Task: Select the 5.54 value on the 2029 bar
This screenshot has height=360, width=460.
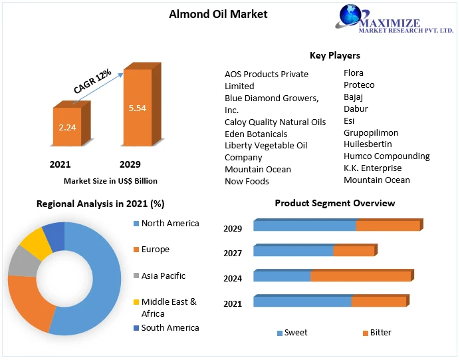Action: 137,108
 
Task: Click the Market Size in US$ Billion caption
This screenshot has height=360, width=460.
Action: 110,180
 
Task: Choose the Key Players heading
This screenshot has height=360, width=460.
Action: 334,55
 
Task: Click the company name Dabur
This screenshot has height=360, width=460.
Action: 356,108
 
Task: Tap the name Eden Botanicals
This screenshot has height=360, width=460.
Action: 256,134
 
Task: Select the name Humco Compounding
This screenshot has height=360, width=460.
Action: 386,156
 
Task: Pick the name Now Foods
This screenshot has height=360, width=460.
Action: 247,181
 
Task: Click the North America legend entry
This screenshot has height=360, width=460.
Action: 170,224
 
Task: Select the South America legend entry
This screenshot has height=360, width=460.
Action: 170,328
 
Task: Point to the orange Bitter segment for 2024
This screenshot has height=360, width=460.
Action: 360,276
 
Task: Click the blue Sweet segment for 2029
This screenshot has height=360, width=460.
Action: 304,226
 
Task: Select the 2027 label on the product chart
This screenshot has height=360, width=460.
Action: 233,254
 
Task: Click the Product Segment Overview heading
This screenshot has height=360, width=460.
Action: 334,203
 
